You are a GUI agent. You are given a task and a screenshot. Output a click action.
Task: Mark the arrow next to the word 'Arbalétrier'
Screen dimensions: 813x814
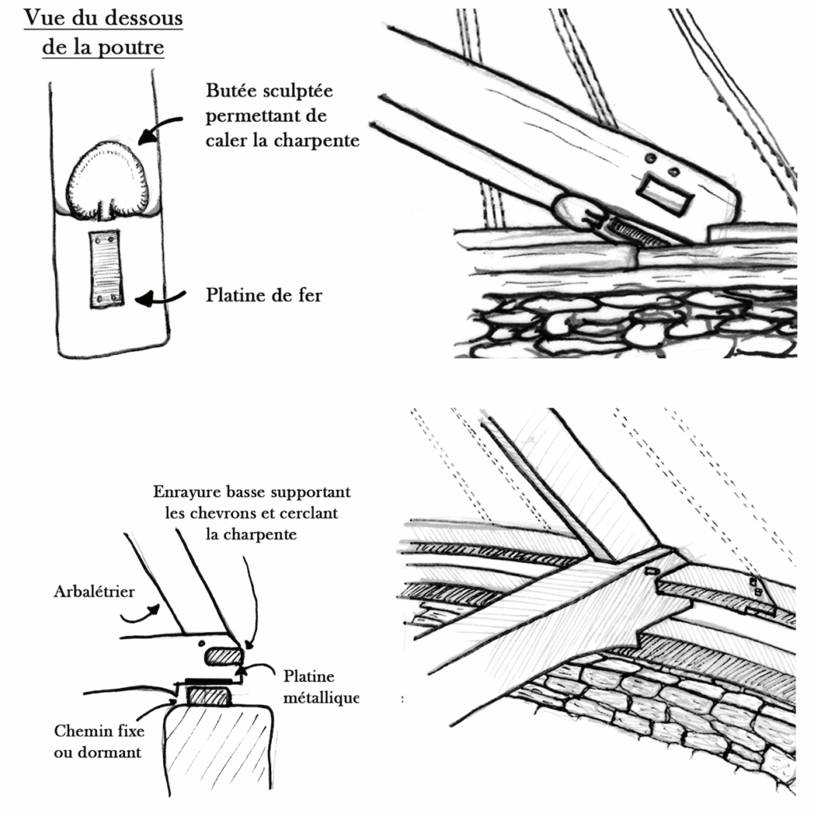coord(143,613)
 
